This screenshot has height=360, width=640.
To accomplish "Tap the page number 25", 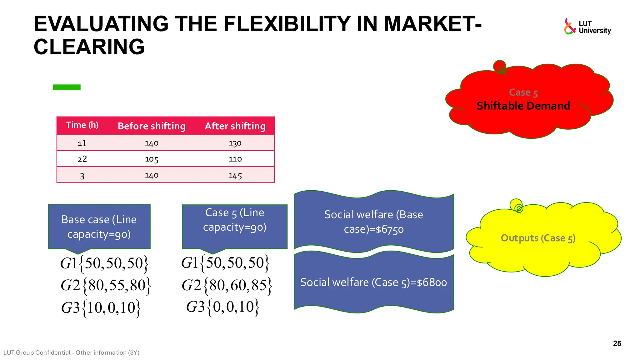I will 617,343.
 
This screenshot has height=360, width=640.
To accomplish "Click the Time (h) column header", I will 82,125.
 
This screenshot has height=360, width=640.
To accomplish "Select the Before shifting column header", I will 152,126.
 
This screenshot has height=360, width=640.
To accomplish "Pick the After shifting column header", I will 235,126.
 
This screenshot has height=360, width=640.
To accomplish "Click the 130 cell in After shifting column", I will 235,143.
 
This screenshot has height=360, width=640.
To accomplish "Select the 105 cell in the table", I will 152,159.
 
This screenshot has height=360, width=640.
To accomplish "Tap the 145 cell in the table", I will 235,175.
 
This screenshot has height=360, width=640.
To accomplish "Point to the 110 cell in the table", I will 235,159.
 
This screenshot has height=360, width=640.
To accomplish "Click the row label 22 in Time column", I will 82,159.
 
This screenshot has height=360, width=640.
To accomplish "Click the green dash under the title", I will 67,87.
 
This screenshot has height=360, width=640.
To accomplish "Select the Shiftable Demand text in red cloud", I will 523,106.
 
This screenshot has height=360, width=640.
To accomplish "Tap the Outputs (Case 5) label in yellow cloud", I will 538,238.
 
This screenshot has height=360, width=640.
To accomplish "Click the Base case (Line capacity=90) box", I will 99,227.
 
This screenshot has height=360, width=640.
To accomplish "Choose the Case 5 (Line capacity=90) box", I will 234,220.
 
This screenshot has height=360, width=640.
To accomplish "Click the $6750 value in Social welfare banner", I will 389,230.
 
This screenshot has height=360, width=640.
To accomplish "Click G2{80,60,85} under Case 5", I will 227,285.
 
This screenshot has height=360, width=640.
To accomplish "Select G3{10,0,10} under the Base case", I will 101,308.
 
